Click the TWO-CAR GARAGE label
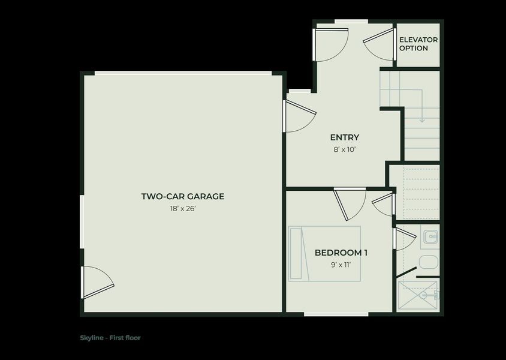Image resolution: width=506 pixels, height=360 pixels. pyautogui.click(x=183, y=196)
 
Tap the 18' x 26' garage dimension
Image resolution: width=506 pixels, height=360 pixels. pyautogui.click(x=183, y=209)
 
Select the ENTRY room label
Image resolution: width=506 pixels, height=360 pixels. pyautogui.click(x=345, y=137)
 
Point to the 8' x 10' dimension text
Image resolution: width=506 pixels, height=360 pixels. pyautogui.click(x=345, y=149)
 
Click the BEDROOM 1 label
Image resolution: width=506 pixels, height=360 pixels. pyautogui.click(x=341, y=253)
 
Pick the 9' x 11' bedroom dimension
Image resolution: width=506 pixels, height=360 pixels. pyautogui.click(x=341, y=265)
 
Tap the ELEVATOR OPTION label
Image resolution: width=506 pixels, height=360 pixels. pyautogui.click(x=418, y=44)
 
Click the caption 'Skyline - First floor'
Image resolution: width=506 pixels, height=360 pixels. pyautogui.click(x=110, y=338)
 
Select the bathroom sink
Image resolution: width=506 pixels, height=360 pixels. pyautogui.click(x=430, y=238)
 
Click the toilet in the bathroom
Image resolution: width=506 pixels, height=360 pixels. pyautogui.click(x=428, y=262)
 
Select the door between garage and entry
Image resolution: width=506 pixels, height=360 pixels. pyautogui.click(x=298, y=115)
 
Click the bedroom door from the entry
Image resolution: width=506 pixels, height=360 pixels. pyautogui.click(x=349, y=202)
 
